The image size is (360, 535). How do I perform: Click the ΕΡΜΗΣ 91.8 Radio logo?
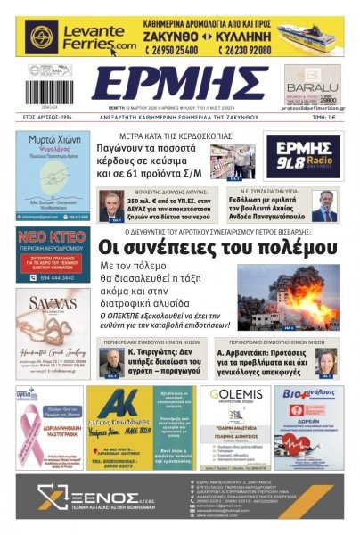click(x=302, y=153)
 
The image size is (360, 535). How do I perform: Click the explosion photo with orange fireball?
click(x=287, y=295)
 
